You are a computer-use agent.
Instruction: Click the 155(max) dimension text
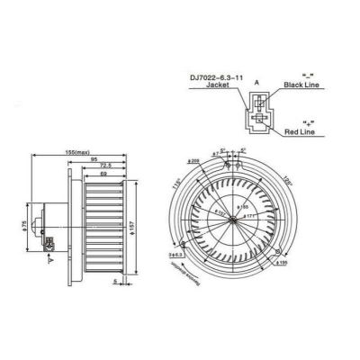coord(80,150)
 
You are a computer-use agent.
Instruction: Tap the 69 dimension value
coord(106,175)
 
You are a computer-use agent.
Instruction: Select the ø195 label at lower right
coord(282,263)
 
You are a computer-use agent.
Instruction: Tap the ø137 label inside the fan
coord(221,213)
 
